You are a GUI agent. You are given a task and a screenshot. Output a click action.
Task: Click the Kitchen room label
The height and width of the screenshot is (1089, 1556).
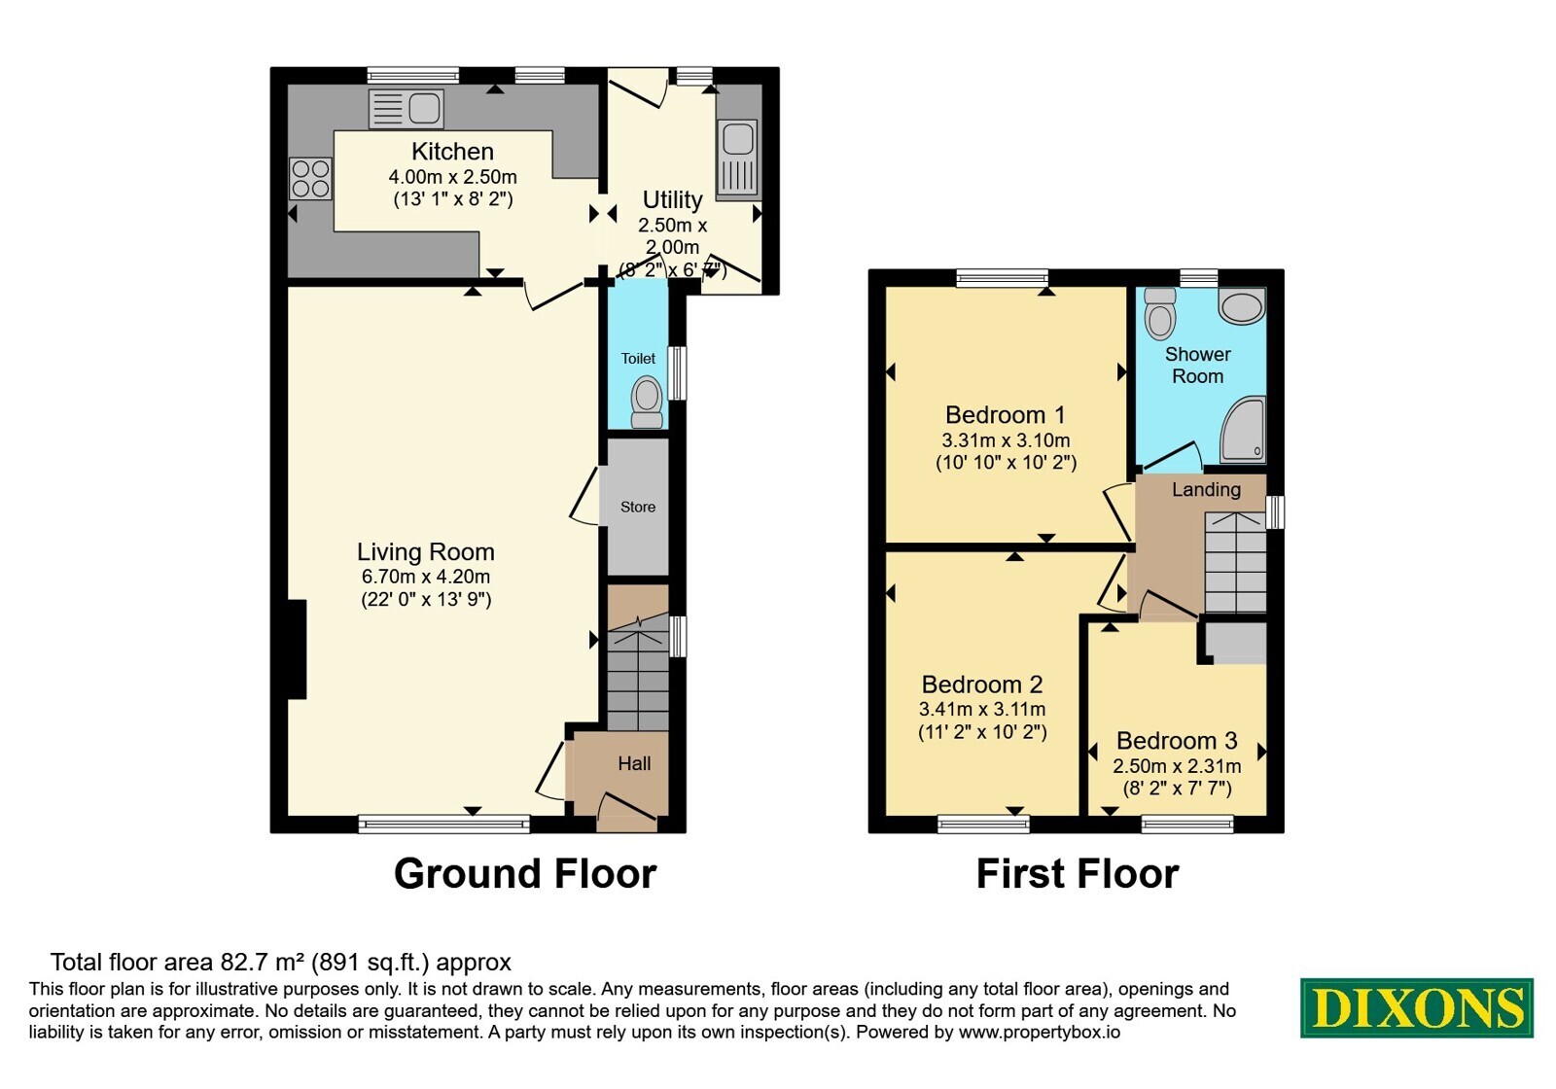(x=452, y=152)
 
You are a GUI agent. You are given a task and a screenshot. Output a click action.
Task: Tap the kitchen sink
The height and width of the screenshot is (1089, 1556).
(x=407, y=109)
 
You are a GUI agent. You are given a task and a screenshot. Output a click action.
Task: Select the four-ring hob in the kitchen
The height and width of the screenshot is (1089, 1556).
(x=310, y=179)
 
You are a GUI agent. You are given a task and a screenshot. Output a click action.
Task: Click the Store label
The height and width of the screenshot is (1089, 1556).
(x=638, y=507)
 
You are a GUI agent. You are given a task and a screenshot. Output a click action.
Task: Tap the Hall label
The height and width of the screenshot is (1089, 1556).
(x=634, y=764)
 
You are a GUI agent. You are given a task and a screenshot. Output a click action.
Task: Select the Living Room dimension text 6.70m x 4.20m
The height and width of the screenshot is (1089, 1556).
(x=426, y=577)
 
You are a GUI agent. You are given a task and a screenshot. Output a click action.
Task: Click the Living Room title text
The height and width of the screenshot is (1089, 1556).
(x=426, y=552)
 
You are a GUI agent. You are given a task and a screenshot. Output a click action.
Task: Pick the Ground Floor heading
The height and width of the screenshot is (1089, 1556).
(x=525, y=874)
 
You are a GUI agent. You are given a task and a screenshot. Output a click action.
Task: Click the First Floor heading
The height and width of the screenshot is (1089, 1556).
(x=1078, y=874)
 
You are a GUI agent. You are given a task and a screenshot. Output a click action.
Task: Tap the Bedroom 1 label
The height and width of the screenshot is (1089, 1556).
(x=1006, y=414)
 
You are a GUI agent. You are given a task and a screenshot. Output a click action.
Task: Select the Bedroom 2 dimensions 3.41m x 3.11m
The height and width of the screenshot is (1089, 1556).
(x=982, y=709)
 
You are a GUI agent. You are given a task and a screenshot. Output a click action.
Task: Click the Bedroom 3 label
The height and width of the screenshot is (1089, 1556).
(x=1177, y=741)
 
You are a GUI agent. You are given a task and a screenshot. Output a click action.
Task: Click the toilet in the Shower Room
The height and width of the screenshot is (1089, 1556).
(x=1159, y=314)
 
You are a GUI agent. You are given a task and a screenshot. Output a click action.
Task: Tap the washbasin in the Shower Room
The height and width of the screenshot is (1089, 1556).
(x=1242, y=306)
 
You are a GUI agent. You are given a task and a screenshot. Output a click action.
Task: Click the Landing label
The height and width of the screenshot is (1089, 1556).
(x=1206, y=490)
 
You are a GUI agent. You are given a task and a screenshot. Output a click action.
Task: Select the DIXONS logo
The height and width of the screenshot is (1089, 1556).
(x=1416, y=1007)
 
